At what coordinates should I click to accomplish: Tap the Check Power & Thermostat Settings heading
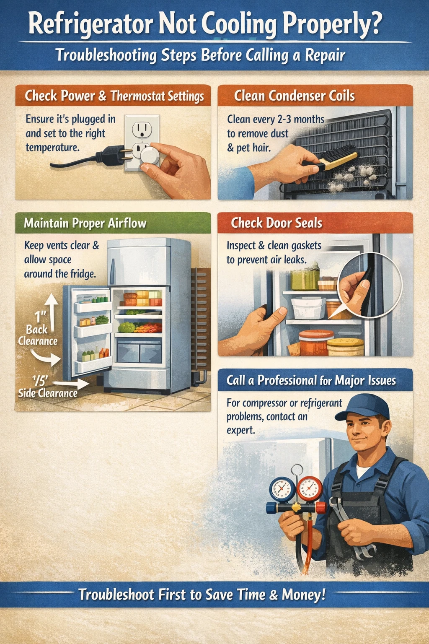point(114,96)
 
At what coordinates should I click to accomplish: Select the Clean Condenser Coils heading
point(294,96)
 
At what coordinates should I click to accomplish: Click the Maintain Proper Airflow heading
point(85,223)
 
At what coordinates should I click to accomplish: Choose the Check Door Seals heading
point(277,223)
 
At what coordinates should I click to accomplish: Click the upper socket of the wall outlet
point(142,129)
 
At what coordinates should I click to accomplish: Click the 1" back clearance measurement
point(40,317)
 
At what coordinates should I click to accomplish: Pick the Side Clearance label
point(48,393)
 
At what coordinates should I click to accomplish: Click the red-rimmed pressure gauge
point(310,488)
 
